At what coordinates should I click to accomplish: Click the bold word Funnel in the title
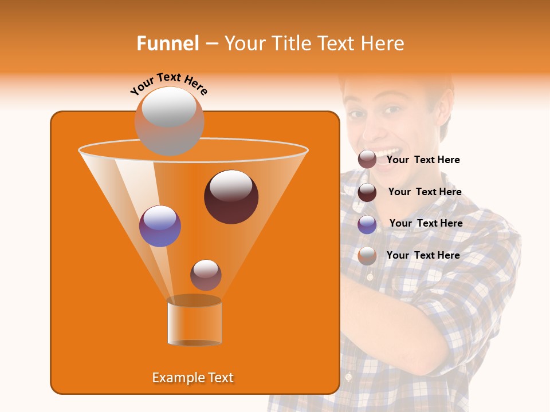[167, 43]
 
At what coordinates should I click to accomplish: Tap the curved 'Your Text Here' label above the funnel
[169, 82]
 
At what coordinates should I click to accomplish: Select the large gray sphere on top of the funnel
[169, 121]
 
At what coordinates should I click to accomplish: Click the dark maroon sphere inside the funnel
[231, 197]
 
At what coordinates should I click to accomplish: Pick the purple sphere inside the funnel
[160, 226]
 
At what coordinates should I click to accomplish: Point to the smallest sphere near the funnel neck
[206, 275]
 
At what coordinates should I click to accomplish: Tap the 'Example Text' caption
[192, 378]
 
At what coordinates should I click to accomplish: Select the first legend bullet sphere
[367, 160]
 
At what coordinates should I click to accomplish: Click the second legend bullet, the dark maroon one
[367, 192]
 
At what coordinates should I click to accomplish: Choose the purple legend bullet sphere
[367, 224]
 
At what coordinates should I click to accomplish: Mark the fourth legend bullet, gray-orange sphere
[367, 256]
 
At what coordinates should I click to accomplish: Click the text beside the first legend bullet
[423, 160]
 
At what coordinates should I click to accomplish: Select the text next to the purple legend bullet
[426, 223]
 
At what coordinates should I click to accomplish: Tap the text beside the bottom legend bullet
[423, 255]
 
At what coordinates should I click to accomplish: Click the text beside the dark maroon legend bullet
[425, 192]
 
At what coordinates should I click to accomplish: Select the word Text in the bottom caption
[218, 378]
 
